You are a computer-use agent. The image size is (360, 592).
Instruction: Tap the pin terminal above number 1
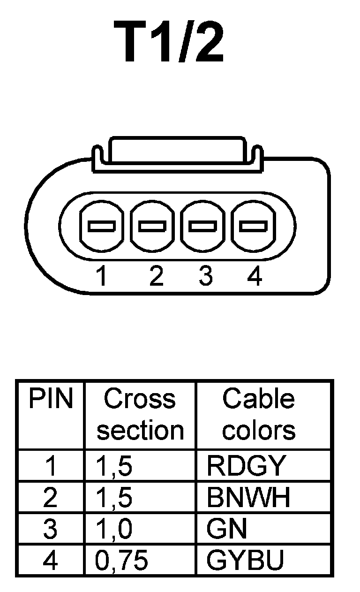tap(102, 227)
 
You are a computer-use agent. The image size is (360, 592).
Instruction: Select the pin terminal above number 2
tap(152, 227)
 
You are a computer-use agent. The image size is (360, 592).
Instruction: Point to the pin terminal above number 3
tap(202, 227)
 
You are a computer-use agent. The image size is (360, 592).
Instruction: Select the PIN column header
tap(51, 399)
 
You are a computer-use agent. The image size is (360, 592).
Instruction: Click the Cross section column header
tap(140, 415)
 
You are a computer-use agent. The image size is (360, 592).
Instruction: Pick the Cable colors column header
tap(259, 415)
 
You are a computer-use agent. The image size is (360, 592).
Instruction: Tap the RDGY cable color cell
tap(246, 466)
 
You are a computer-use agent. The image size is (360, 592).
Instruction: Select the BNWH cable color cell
tap(248, 498)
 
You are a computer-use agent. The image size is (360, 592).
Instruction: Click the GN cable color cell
tap(226, 529)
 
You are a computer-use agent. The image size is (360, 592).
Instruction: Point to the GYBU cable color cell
tap(246, 560)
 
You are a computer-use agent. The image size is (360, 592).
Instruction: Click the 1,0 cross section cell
tap(114, 529)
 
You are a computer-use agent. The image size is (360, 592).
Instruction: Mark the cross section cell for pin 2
tap(114, 498)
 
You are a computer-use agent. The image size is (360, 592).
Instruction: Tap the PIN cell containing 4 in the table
tap(50, 560)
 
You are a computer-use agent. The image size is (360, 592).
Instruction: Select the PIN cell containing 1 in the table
tap(50, 466)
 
